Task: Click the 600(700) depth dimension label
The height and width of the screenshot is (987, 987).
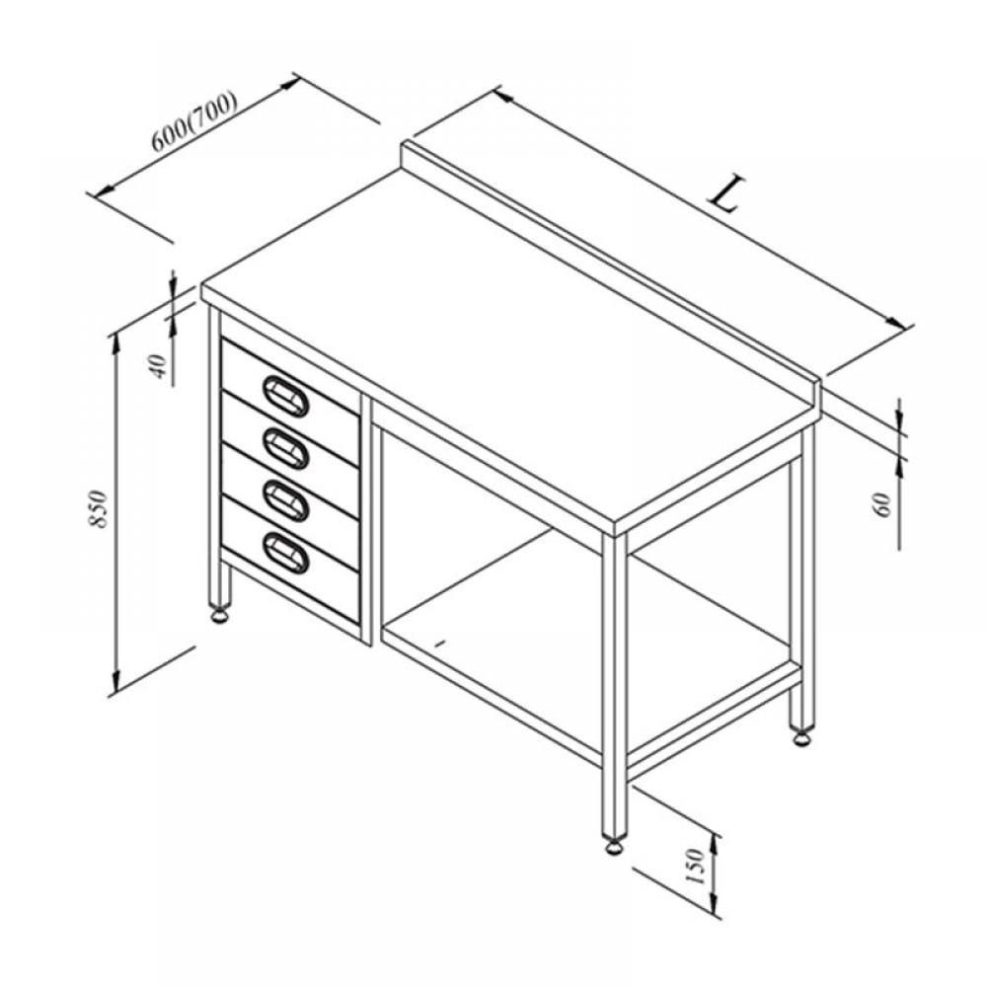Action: pyautogui.click(x=193, y=122)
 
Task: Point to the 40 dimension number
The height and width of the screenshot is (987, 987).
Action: pyautogui.click(x=160, y=366)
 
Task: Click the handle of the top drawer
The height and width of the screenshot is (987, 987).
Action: pyautogui.click(x=286, y=397)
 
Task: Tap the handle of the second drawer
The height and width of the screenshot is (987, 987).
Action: pyautogui.click(x=286, y=447)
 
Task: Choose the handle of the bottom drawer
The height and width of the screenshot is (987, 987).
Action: pyautogui.click(x=286, y=553)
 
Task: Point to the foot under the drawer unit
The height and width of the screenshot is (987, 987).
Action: pyautogui.click(x=220, y=614)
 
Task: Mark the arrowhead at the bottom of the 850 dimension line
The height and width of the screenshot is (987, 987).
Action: pyautogui.click(x=115, y=680)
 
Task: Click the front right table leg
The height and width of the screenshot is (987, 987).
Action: pyautogui.click(x=614, y=684)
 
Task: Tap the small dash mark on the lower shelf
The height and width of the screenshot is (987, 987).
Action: pyautogui.click(x=441, y=643)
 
